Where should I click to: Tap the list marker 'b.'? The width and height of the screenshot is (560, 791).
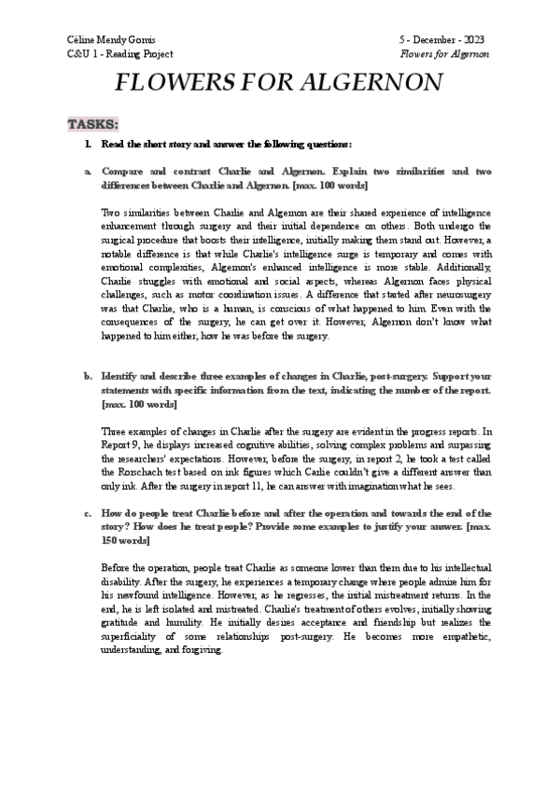tap(88, 376)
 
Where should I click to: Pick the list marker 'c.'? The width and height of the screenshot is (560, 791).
tap(88, 513)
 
